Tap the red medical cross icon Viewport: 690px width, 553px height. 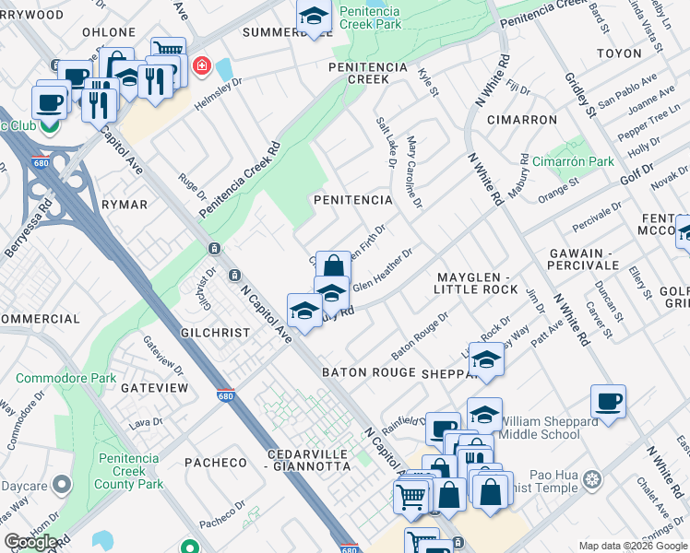click(199, 67)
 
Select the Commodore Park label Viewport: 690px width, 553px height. click(65, 378)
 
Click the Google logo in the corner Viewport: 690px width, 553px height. click(30, 542)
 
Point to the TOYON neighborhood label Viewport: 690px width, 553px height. click(618, 53)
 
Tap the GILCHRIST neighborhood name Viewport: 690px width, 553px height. click(217, 332)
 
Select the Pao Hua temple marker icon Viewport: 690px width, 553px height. click(593, 479)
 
